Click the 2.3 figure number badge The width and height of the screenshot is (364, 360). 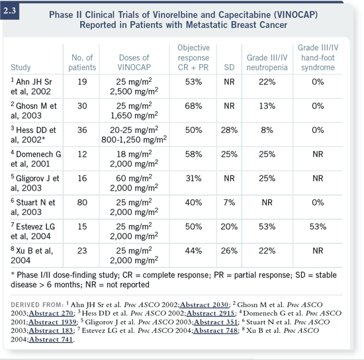pos(9,11)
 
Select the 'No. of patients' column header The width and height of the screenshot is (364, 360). pos(82,62)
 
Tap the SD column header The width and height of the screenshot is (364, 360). pos(229,67)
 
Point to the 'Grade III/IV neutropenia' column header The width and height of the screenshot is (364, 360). pos(267,62)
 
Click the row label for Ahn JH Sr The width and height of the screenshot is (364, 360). pos(31,87)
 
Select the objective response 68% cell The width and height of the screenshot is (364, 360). pos(193,106)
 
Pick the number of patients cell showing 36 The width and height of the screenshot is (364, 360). pos(82,130)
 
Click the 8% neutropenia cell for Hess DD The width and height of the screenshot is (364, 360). pos(267,130)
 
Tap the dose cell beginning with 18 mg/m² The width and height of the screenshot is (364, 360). pos(134,159)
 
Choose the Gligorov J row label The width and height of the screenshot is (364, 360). pos(35,183)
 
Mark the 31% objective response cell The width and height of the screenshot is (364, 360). pos(193,179)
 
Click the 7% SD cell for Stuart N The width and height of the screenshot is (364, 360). pos(229,202)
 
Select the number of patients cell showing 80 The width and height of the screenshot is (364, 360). pos(82,202)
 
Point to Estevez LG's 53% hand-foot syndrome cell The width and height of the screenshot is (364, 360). pos(318,227)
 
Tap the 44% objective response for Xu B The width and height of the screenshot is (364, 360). pos(193,251)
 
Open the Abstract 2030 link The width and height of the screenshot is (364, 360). pos(205,305)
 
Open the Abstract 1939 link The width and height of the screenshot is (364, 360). pos(52,322)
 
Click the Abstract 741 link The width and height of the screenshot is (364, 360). pos(51,339)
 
